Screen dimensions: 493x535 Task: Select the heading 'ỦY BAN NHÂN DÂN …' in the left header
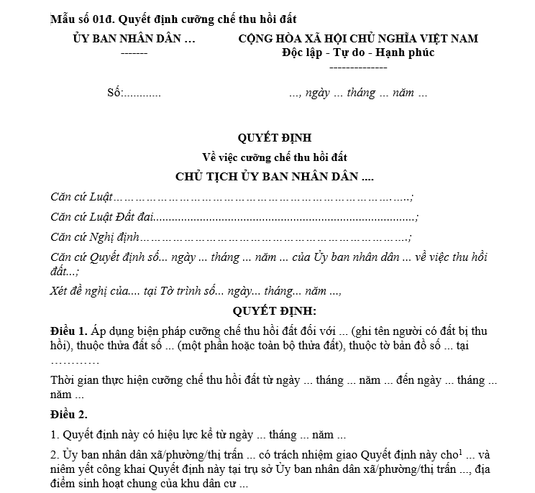click(x=134, y=39)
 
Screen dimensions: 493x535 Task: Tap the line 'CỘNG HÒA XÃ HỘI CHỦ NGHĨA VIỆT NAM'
click(x=358, y=39)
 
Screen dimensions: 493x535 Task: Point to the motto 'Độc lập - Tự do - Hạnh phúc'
click(x=358, y=52)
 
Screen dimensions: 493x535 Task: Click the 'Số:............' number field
click(x=134, y=93)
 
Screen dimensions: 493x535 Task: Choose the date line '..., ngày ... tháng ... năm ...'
click(x=358, y=93)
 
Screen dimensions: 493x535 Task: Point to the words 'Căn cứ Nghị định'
click(x=95, y=236)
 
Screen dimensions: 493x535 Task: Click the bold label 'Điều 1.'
click(x=69, y=331)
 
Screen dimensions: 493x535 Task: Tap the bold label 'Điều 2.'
click(x=69, y=415)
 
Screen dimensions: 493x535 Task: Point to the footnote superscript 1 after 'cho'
click(x=438, y=451)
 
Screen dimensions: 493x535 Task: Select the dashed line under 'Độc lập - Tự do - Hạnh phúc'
click(x=358, y=67)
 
